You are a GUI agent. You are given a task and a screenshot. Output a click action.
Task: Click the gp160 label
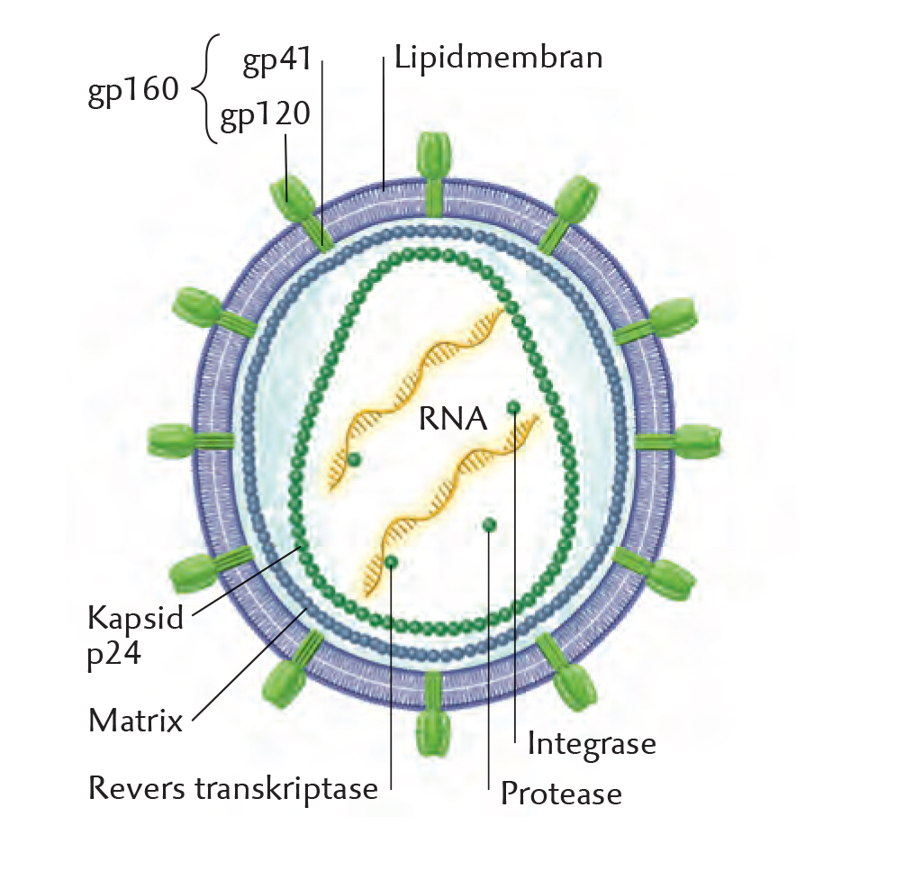[x=133, y=93]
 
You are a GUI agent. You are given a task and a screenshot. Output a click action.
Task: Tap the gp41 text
[x=276, y=60]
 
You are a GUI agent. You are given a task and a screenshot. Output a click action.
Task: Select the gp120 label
[x=266, y=116]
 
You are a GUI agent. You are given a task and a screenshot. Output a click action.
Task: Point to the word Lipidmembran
[x=498, y=59]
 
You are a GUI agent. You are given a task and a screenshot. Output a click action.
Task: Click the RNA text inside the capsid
[x=452, y=419]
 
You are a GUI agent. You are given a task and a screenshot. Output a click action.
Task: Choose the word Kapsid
[x=135, y=618]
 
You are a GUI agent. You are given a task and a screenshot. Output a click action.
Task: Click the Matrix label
[x=136, y=721]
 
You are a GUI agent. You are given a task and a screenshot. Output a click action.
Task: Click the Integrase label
[x=591, y=744]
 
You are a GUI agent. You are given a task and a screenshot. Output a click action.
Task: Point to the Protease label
[x=561, y=794]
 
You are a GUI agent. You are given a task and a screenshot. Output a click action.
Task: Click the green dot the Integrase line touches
[x=513, y=408]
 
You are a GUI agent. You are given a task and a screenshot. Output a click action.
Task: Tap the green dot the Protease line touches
[x=489, y=524]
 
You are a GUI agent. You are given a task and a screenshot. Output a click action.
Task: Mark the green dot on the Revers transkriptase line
[x=392, y=562]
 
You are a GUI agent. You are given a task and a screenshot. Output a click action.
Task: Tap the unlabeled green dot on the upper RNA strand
[x=354, y=460]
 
